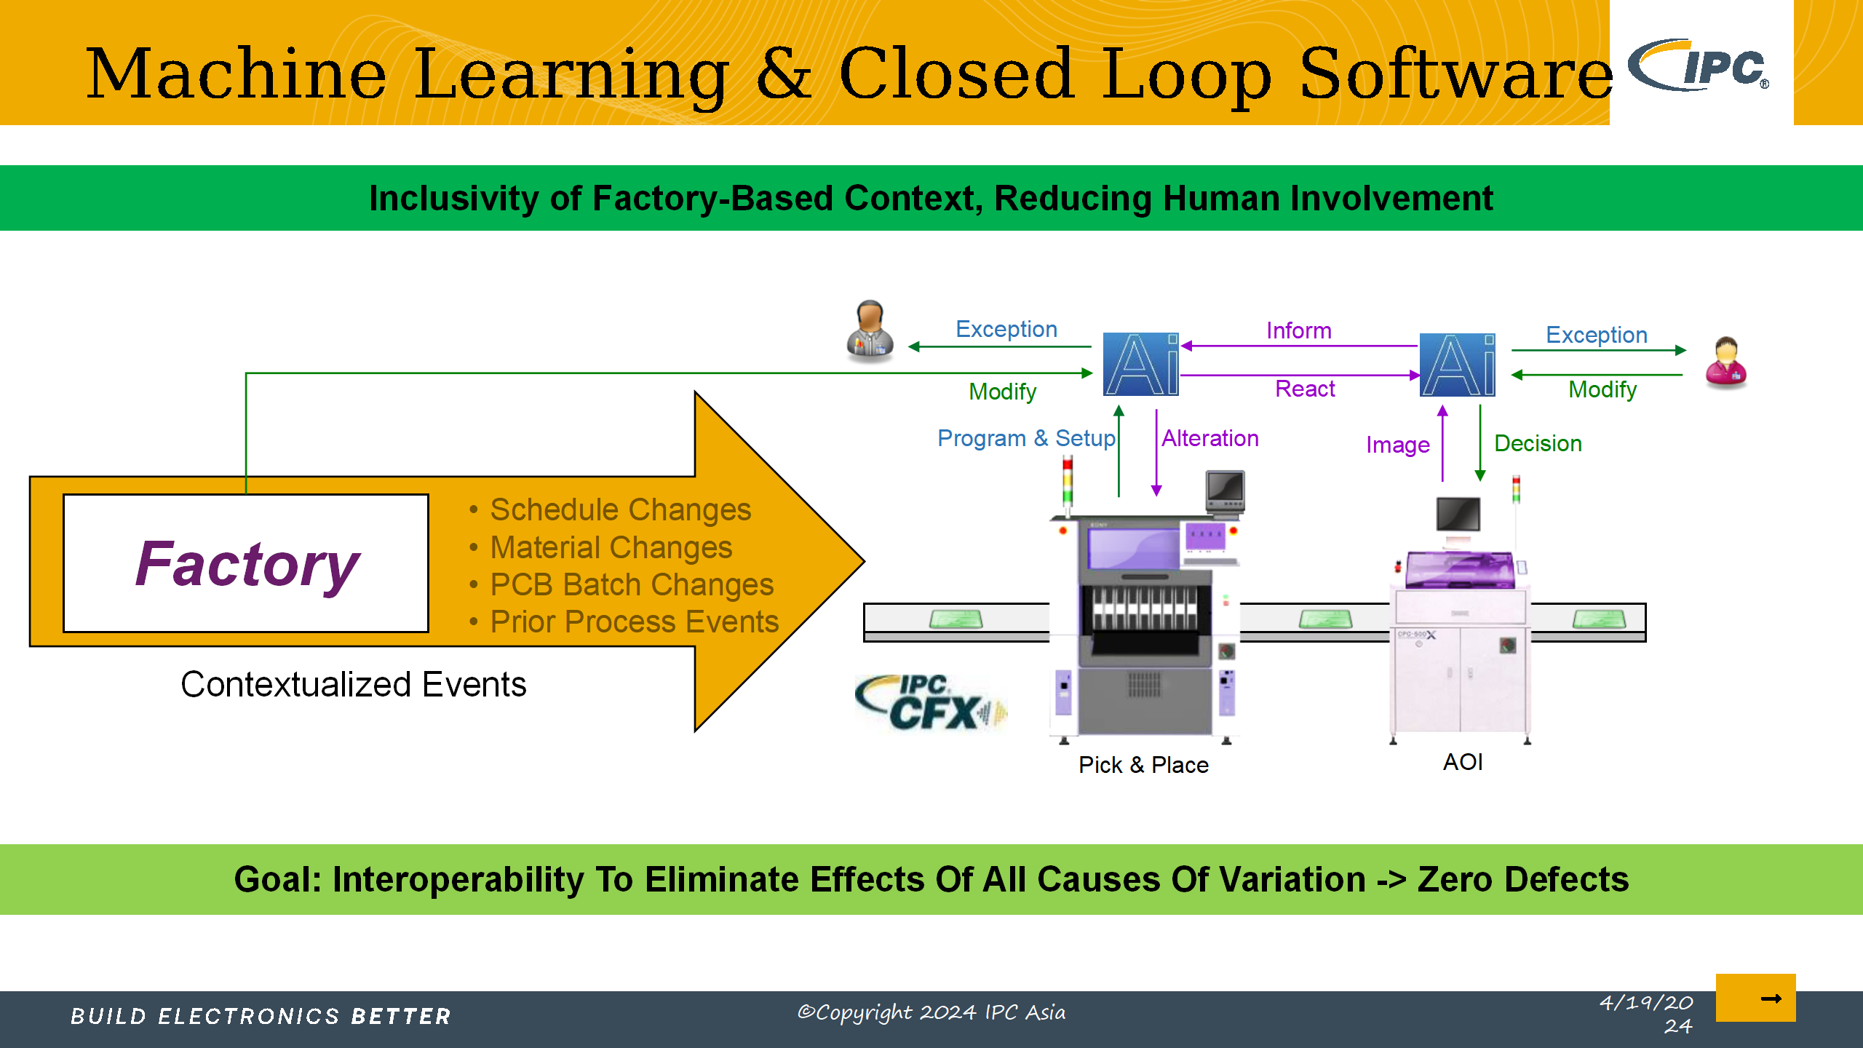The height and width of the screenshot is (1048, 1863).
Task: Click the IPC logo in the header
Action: [x=1699, y=65]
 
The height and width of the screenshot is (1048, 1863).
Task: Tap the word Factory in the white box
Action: [x=247, y=564]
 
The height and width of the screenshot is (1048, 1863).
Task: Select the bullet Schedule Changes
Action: [x=619, y=509]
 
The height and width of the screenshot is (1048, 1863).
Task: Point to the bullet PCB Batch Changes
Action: [x=631, y=584]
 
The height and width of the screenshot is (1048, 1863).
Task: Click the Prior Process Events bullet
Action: [x=634, y=622]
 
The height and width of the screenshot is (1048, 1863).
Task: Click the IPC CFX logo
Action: [x=930, y=703]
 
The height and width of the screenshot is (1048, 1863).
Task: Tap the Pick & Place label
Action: [x=1143, y=765]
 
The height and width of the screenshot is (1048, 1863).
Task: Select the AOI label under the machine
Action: [x=1463, y=762]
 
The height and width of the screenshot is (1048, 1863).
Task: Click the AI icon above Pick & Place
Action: [x=1140, y=364]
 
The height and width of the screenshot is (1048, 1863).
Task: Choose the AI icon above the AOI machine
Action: [x=1457, y=364]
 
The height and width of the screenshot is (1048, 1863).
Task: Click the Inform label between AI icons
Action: [x=1298, y=330]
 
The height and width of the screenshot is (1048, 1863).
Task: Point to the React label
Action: [x=1305, y=389]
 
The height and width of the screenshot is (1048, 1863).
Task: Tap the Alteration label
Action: [x=1209, y=438]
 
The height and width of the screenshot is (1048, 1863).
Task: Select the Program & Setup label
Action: [x=1025, y=438]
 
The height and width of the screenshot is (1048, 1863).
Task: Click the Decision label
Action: [x=1538, y=443]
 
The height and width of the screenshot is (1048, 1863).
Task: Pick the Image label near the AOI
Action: [x=1397, y=445]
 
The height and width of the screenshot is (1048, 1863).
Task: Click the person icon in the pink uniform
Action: [x=1726, y=362]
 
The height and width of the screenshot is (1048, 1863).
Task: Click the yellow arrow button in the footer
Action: [x=1755, y=998]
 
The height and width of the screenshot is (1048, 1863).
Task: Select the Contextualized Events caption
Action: [x=354, y=685]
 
